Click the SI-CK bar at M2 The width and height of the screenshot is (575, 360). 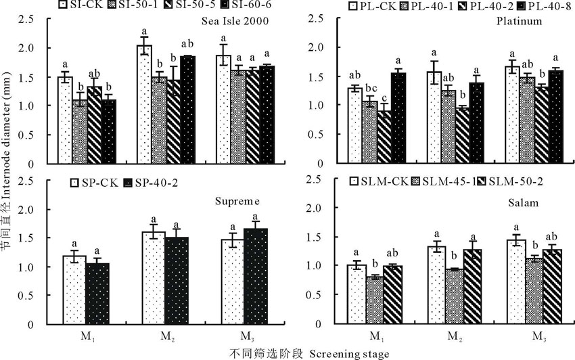[x=144, y=104]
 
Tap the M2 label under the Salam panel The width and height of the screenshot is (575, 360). [x=453, y=336]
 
